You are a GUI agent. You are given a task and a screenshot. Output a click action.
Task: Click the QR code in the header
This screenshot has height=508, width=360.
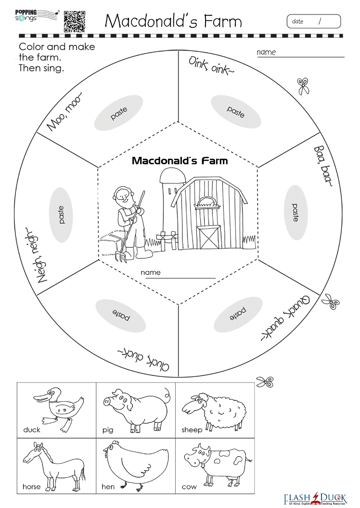[x=75, y=21]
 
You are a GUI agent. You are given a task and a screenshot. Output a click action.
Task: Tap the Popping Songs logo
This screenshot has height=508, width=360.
[x=37, y=15]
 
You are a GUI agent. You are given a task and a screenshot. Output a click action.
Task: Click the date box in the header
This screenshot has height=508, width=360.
[x=314, y=21]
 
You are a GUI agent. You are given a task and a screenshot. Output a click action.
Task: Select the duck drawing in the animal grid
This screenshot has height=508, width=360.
[x=58, y=409]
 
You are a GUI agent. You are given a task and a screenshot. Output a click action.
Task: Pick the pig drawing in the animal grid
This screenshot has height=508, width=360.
[x=136, y=410]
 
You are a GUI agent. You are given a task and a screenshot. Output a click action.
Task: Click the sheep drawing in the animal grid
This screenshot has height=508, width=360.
[x=214, y=411]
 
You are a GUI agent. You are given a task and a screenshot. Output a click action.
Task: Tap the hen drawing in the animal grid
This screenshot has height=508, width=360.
[x=136, y=467]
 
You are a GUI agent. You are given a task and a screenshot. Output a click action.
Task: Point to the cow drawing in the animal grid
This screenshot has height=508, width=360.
[x=218, y=467]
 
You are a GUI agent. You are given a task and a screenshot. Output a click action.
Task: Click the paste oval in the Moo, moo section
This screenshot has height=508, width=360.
[x=118, y=113]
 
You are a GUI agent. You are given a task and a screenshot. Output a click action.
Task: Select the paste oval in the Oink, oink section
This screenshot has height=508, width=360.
[x=236, y=112]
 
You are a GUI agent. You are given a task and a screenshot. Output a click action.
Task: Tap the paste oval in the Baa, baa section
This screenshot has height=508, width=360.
[x=295, y=213]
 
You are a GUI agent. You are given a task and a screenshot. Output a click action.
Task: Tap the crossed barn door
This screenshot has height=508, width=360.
[x=209, y=238]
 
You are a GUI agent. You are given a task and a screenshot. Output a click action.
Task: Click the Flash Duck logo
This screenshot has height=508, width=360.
[x=315, y=498]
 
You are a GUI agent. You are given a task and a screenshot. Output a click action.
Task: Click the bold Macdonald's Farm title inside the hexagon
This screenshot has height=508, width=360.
[x=180, y=161]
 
